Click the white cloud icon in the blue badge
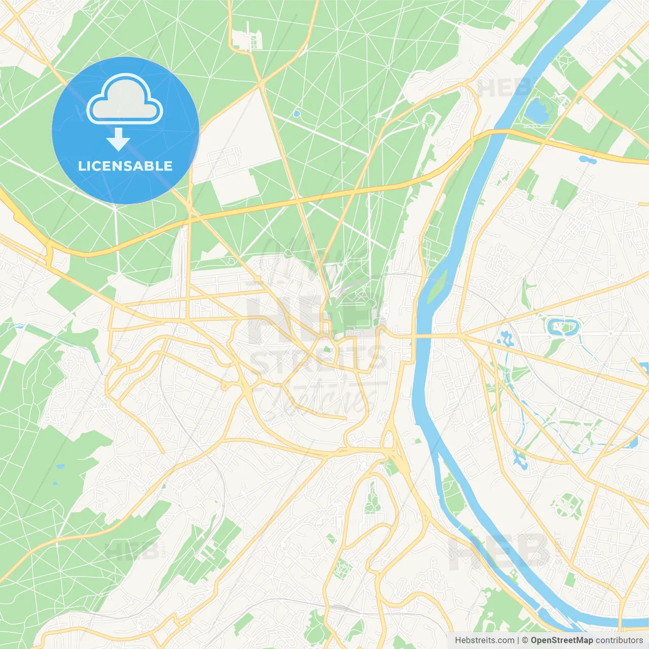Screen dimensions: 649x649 [125, 100]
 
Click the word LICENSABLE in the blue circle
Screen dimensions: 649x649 [125, 166]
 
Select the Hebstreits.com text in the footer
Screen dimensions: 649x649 [484, 640]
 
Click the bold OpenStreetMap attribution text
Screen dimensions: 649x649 [562, 640]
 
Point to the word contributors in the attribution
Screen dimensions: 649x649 [619, 640]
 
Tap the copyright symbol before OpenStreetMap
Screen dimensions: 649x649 [525, 640]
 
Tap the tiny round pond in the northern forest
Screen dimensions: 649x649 [296, 114]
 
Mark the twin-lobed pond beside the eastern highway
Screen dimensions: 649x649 [588, 160]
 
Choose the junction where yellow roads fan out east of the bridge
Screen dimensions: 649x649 [462, 335]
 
